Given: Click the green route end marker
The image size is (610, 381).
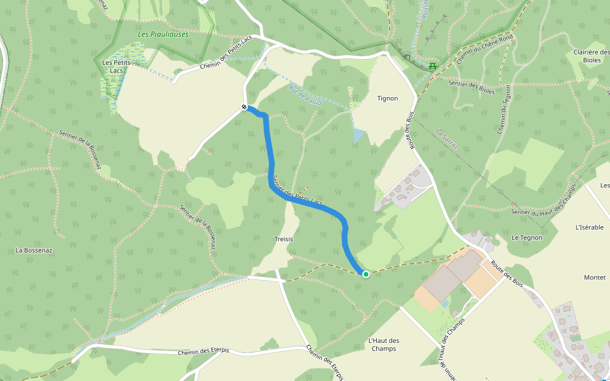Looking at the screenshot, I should coord(365,274).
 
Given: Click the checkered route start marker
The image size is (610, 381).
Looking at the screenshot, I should coord(245,107).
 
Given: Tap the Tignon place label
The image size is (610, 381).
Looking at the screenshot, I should coord(387,98).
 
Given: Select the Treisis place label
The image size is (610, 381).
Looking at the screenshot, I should coord(283,239).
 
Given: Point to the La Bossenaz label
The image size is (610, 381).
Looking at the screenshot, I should coord(34,250).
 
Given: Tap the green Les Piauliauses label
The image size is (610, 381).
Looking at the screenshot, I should coord(163,34).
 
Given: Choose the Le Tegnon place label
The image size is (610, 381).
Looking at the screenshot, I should coord(527,237).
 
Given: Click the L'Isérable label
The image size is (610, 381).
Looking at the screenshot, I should coord(589,227).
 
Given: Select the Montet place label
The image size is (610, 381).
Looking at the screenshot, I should coord(595,277).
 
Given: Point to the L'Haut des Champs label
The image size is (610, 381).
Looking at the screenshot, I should coord(384,344).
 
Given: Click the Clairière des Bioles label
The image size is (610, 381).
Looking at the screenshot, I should coord(591,56).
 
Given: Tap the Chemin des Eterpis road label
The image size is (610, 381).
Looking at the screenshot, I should coord(203,351).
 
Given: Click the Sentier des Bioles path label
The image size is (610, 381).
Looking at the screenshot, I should coord(471,83).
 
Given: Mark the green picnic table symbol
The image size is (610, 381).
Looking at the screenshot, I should coord(433,65).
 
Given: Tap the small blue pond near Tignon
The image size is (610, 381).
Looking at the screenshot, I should coord(359,135).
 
